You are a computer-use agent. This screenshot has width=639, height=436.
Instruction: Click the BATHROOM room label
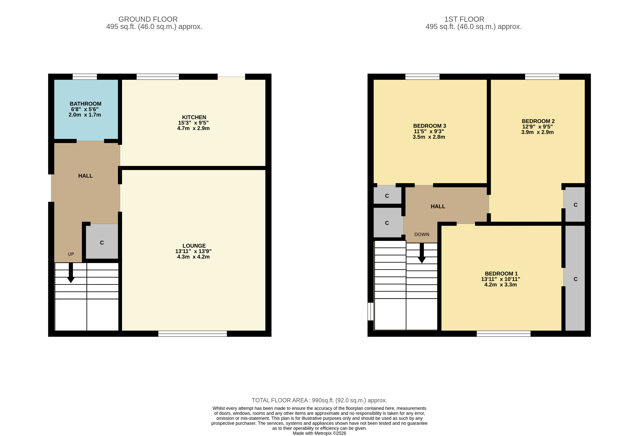pos(85,104)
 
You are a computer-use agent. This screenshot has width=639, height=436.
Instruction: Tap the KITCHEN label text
pos(194,117)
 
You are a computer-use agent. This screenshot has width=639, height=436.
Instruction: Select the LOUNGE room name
pos(194,246)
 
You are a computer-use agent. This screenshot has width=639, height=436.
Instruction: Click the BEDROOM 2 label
pos(538,121)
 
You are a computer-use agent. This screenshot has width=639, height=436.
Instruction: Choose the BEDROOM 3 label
pos(429,126)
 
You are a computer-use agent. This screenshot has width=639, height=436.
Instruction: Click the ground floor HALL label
pos(85,176)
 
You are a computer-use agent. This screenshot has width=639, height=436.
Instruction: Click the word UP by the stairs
pos(71,254)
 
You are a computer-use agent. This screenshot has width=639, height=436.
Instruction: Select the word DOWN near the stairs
pos(422,234)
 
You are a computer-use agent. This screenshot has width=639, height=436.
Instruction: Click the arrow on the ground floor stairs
pos(71,273)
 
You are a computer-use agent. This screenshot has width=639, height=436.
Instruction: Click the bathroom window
pos(85,77)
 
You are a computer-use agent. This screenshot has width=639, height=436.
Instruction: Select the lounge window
pos(192,334)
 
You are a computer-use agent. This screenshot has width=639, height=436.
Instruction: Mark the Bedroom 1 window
pos(503,334)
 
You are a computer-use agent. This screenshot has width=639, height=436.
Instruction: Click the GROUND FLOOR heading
pos(148,19)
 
